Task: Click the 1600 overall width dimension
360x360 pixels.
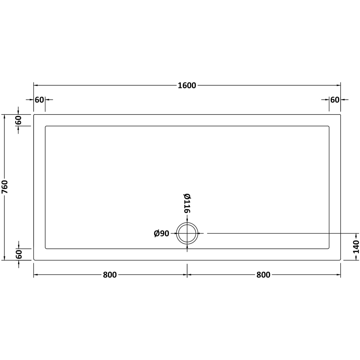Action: click(187, 85)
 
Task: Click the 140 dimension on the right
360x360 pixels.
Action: click(356, 247)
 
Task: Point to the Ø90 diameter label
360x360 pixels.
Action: click(161, 234)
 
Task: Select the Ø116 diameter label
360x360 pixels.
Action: click(187, 203)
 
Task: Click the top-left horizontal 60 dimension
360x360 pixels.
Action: click(39, 100)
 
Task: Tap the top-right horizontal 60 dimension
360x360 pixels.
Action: click(335, 100)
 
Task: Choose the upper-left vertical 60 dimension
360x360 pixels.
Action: click(18, 120)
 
